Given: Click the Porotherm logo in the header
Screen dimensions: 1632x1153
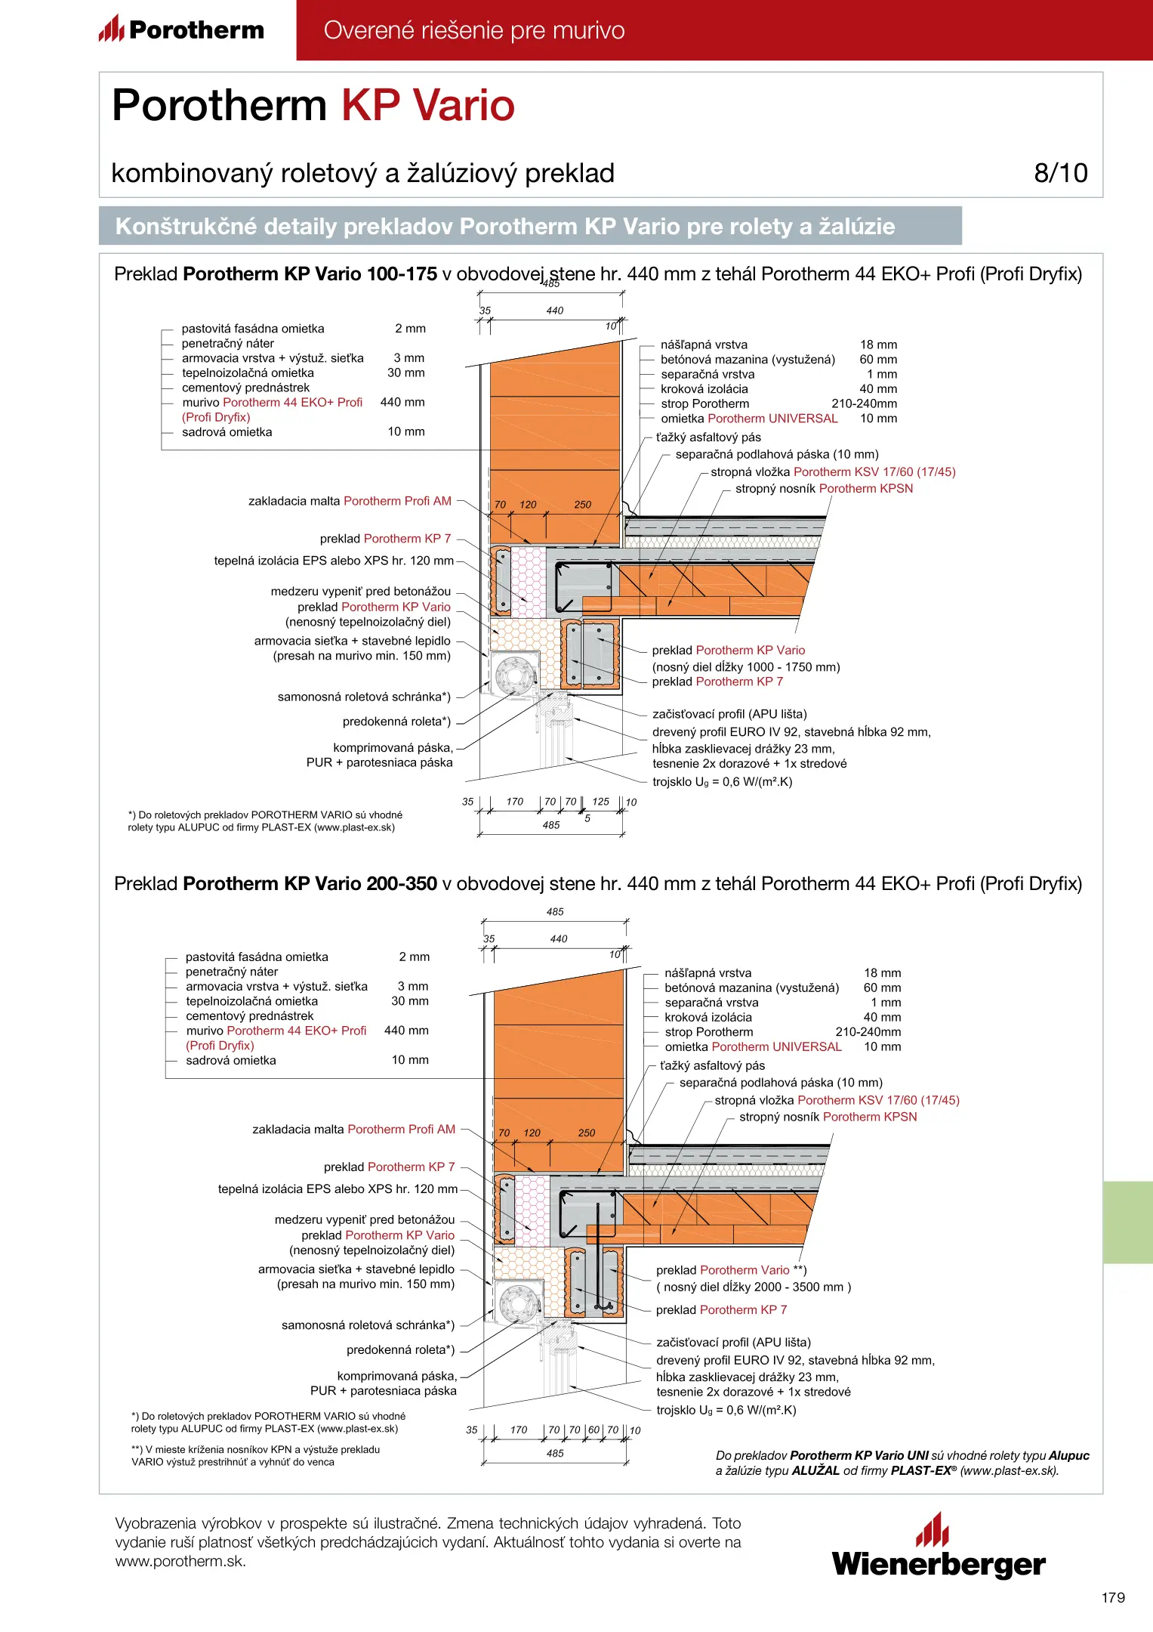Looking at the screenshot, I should click(x=181, y=30).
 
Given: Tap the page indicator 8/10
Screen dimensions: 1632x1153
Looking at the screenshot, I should click(x=1060, y=173).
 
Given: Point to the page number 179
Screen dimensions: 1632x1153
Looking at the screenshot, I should click(x=1113, y=1597).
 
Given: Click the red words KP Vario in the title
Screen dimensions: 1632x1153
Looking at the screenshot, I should click(x=427, y=105).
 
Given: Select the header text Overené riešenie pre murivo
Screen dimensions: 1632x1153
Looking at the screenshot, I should click(x=474, y=30).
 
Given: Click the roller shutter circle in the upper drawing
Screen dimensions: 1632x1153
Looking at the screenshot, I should click(x=515, y=673).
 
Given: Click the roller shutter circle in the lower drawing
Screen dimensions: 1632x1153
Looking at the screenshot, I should click(x=519, y=1302).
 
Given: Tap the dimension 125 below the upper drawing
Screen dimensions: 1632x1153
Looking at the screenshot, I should click(x=601, y=801).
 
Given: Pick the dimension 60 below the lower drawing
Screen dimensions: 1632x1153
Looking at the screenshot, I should click(x=593, y=1430).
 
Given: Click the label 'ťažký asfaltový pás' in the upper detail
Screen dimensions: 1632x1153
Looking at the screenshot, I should click(x=708, y=437).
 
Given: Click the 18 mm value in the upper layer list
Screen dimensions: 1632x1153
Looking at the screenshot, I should click(x=878, y=345).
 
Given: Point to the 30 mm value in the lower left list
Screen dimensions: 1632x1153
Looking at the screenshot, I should click(x=410, y=1001).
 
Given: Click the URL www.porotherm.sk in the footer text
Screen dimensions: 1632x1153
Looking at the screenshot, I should click(x=180, y=1562).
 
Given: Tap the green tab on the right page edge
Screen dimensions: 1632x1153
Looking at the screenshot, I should click(x=1127, y=1222).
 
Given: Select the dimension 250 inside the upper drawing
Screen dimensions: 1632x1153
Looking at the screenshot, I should click(x=582, y=505).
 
